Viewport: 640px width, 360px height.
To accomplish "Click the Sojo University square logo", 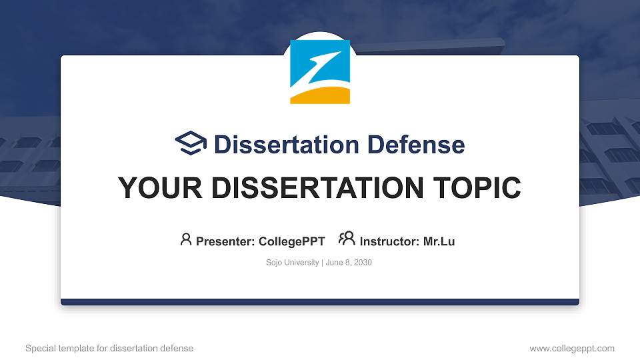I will [320, 72].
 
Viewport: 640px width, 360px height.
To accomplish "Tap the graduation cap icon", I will [191, 143].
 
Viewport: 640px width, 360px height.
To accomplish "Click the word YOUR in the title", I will [154, 188].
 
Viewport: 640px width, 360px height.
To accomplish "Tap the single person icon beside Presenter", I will [186, 239].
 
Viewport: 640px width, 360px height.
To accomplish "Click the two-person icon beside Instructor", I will [347, 239].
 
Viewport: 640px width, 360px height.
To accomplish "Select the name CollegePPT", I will [292, 241].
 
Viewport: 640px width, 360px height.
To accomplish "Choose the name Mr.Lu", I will [439, 241].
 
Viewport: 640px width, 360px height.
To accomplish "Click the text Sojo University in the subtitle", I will [292, 263].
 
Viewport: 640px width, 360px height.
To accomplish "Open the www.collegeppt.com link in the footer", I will [571, 348].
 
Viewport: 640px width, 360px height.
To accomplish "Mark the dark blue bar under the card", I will [320, 302].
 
